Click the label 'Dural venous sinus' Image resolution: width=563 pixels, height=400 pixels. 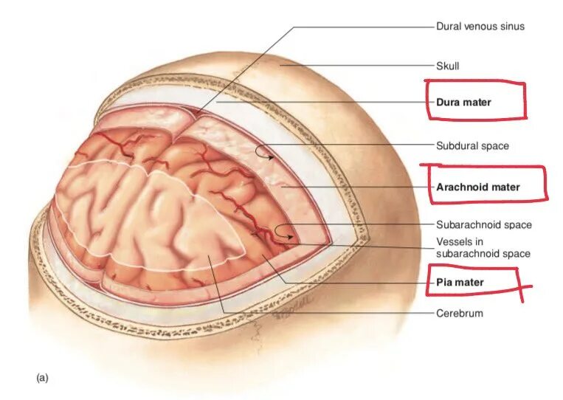pos(480,27)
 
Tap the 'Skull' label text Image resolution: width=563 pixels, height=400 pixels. pos(447,66)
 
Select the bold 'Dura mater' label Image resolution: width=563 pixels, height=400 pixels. pos(463,102)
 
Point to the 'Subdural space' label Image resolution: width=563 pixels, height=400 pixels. pos(472,146)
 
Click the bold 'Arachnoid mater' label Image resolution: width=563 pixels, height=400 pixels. pos(477,187)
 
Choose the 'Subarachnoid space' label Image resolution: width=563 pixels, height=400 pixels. pos(483,225)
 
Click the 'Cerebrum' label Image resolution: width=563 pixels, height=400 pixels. pos(459,314)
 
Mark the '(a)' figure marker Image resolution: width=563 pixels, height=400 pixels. pos(42,378)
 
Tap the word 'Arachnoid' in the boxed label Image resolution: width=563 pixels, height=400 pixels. pos(460,187)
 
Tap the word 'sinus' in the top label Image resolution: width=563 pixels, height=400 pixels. pos(511,27)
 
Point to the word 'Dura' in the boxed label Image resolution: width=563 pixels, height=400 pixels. pos(448,102)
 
